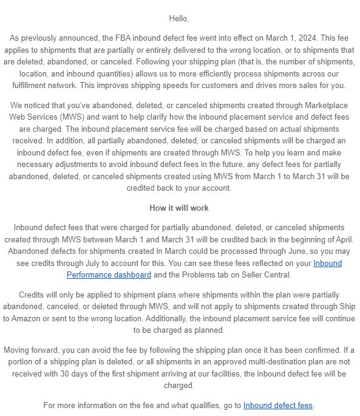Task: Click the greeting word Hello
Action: [180, 18]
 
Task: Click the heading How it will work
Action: [180, 208]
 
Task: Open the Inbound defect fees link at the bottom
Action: [279, 406]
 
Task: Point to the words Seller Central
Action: [267, 274]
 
